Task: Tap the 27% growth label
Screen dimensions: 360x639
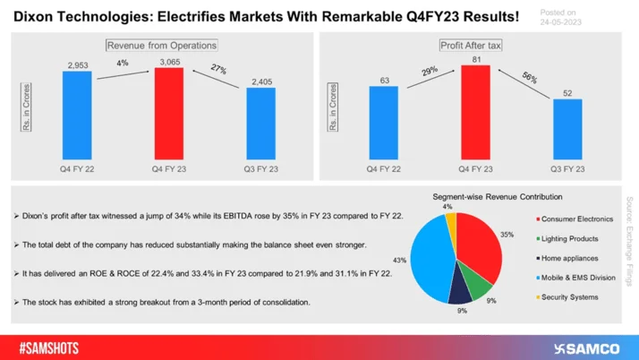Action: tap(219, 68)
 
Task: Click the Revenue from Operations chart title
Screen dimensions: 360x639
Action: tap(162, 45)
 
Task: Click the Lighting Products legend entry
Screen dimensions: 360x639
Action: tap(568, 237)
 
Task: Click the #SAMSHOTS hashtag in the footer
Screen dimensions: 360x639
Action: tap(47, 345)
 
